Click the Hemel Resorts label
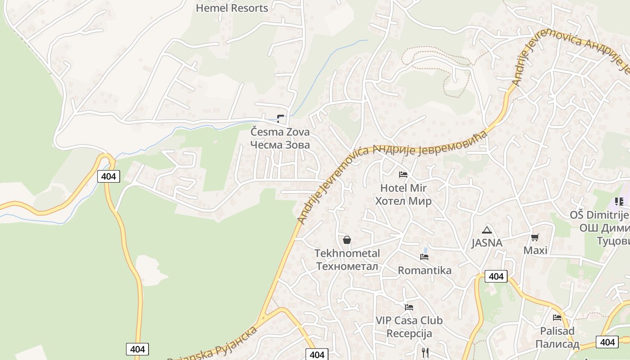pos(232,8)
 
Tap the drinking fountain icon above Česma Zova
pos(280,119)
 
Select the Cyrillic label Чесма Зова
pos(280,145)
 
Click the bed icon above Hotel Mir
pos(403,175)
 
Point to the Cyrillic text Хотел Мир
pos(403,201)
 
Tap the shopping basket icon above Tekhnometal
pos(346,240)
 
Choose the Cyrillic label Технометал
pos(347,266)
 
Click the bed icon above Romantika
pos(424,257)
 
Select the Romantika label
pos(424,270)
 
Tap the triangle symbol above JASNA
pos(486,230)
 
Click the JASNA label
pos(486,243)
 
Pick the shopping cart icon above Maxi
pos(535,237)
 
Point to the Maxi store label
pos(535,250)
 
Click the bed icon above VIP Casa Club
pos(409,307)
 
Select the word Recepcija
pos(409,333)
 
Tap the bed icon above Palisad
pos(557,318)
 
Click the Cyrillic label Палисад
pos(557,344)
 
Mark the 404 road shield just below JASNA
pos(496,276)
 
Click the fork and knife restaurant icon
pos(425,352)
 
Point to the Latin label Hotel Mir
pos(403,188)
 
